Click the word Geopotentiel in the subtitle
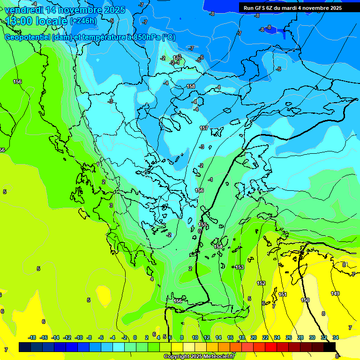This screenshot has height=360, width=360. point(28,37)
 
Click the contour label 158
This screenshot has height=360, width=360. point(191,86)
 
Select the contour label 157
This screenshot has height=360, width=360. point(204,128)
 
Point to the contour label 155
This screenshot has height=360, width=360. point(202,225)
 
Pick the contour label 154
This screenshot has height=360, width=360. point(218,247)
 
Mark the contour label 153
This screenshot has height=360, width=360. point(240,267)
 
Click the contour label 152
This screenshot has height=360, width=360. point(261,283)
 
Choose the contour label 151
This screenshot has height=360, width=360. point(283,294)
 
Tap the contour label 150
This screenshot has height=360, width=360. point(305,300)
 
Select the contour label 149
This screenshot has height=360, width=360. point(335,293)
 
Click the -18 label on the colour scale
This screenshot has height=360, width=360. point(32,337)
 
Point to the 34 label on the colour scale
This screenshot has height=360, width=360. point(336,337)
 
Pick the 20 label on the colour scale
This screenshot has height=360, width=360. point(254,337)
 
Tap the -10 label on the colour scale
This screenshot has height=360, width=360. point(79,337)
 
